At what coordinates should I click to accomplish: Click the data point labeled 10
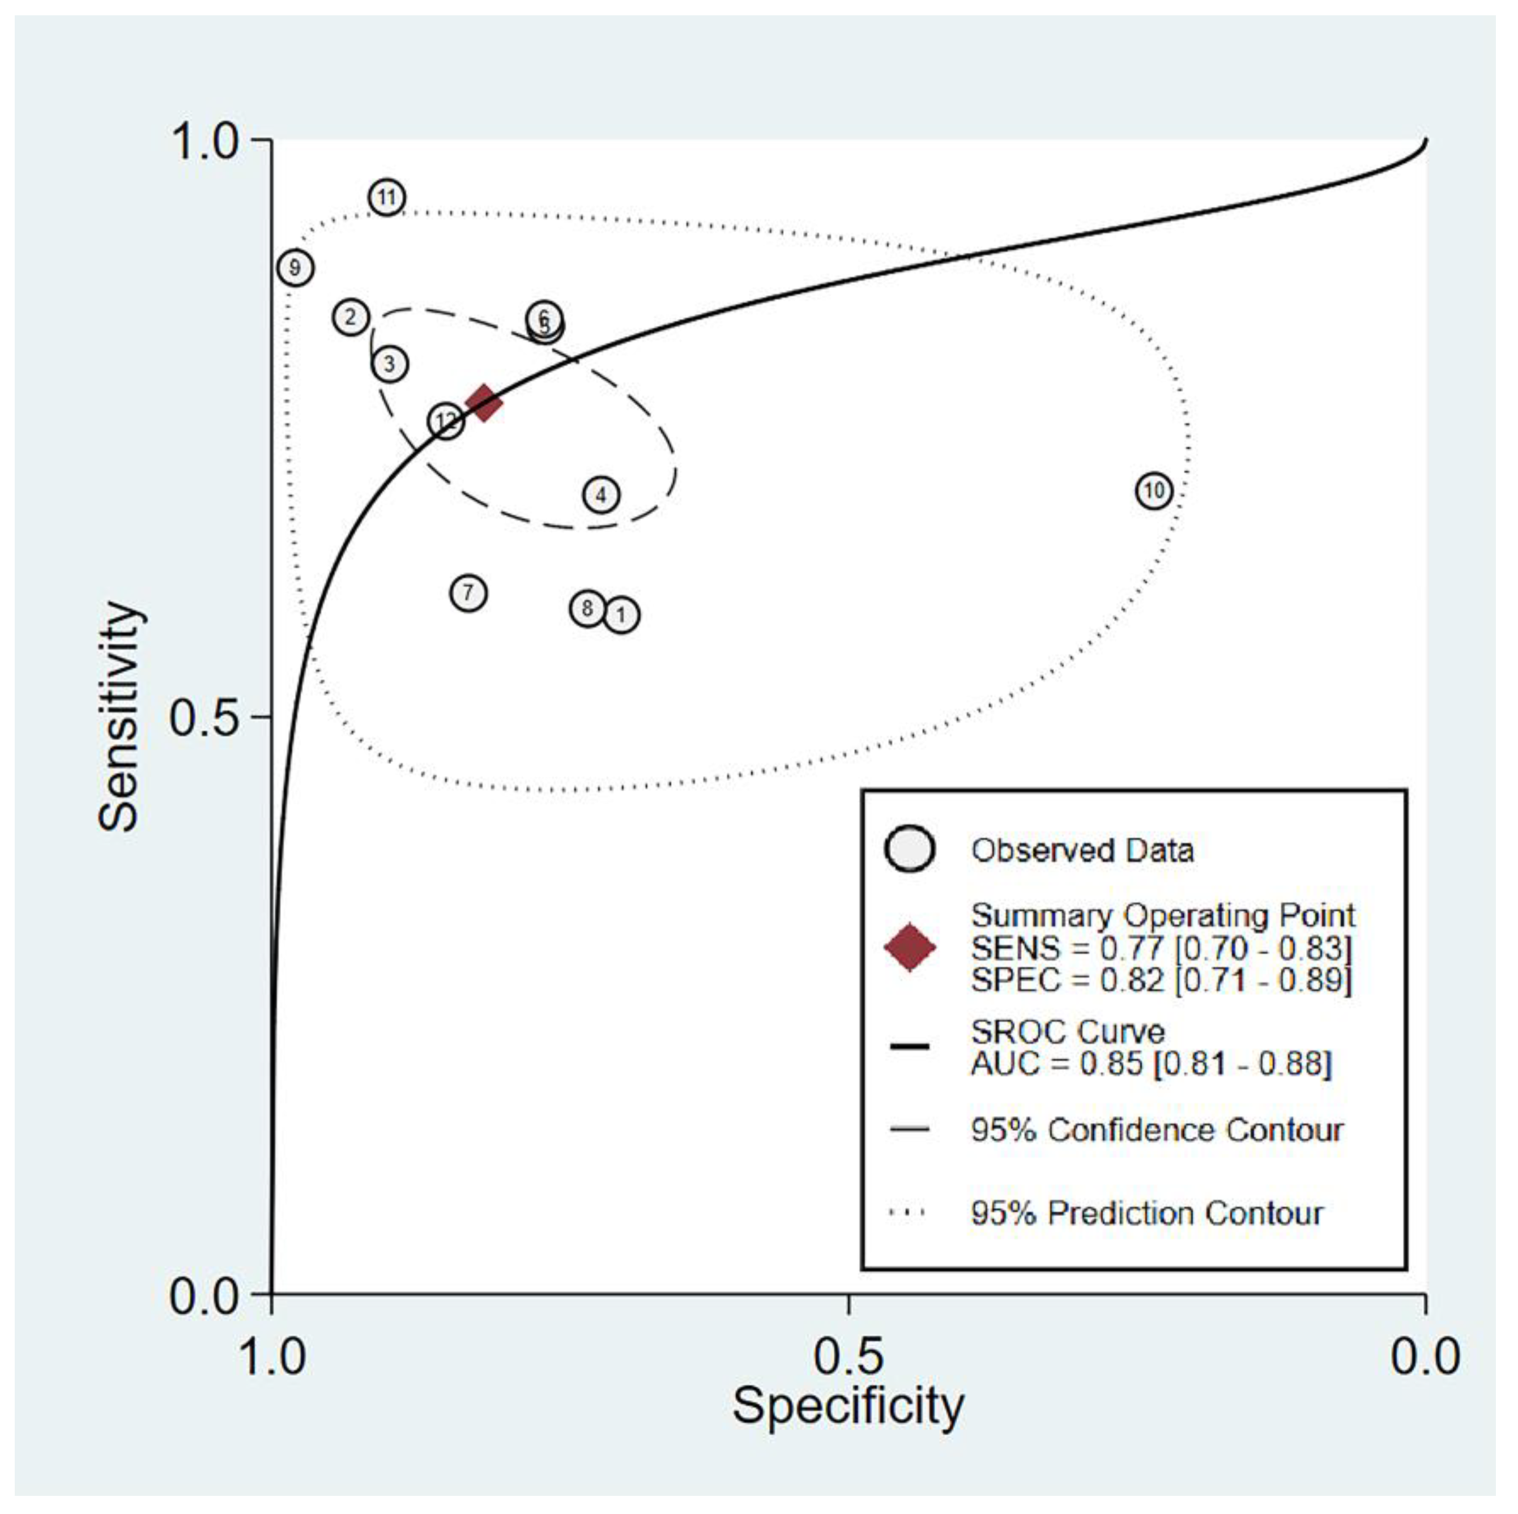1153,491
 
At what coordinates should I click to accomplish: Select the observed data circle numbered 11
386,197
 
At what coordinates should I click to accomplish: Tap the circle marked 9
295,268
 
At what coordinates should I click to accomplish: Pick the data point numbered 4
601,495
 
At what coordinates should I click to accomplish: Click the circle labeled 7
468,592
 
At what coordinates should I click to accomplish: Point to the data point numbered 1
621,615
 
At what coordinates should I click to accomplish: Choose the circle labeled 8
587,608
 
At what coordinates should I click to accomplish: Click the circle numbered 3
390,364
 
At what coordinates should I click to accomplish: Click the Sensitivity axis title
120,717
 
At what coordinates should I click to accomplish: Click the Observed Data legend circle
909,849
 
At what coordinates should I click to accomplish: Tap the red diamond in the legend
909,948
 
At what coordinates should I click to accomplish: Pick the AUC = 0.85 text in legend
1150,1064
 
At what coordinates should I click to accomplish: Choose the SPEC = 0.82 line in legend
1161,980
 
